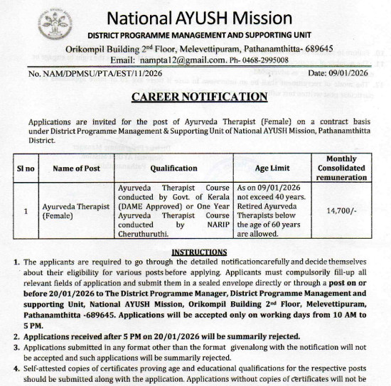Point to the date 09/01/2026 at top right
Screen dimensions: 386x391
point(358,74)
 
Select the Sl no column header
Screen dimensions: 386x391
point(25,168)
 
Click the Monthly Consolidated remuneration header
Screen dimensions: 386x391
point(346,168)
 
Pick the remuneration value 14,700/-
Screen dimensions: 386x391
point(346,211)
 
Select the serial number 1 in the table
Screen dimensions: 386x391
point(25,211)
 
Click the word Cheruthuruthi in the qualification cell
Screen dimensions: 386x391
point(143,232)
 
